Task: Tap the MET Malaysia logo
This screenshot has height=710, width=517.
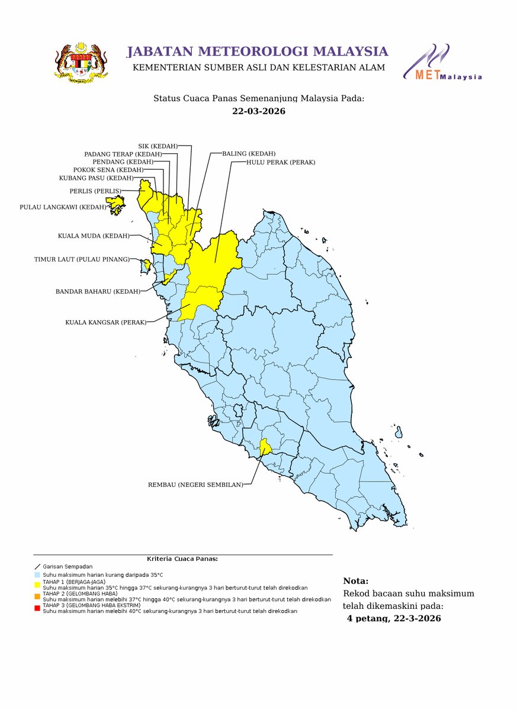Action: [442, 63]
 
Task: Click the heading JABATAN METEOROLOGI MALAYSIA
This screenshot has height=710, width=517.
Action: [258, 51]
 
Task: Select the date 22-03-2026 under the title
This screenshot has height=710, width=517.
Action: [258, 111]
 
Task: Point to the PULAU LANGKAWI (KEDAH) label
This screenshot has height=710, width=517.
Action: [63, 207]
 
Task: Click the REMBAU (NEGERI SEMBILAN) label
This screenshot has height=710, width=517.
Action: [195, 485]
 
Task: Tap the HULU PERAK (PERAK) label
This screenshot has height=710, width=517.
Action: [281, 162]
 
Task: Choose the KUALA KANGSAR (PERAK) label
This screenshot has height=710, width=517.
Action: [105, 322]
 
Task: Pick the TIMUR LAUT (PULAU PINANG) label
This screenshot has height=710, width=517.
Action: [81, 259]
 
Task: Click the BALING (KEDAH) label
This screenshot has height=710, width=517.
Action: [249, 153]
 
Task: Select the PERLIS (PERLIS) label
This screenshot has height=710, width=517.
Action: [95, 191]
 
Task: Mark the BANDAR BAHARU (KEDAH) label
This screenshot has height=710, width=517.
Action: [98, 291]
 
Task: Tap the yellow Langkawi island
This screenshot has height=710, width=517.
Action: [115, 203]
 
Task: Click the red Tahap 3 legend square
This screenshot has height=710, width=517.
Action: [37, 608]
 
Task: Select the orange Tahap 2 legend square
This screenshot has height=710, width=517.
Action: [37, 596]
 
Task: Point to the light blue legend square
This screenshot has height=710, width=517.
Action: [37, 575]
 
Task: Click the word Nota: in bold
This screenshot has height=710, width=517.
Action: [356, 581]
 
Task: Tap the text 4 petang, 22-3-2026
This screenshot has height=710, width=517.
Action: [394, 618]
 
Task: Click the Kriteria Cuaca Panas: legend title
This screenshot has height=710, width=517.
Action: [182, 559]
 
